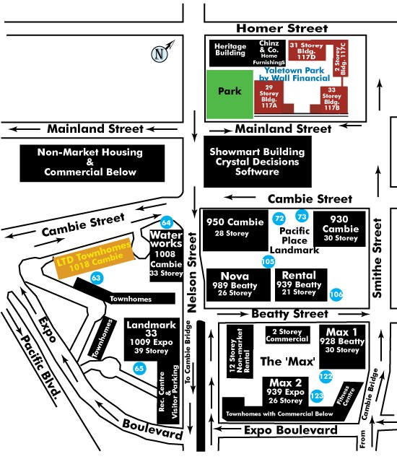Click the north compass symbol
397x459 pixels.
(x=161, y=52)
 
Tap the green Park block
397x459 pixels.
(x=230, y=95)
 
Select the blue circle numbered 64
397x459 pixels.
(x=166, y=223)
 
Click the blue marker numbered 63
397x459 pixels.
(x=96, y=278)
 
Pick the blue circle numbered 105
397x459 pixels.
(x=269, y=261)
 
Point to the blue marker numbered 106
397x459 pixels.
(x=336, y=294)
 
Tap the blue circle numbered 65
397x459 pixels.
(x=139, y=368)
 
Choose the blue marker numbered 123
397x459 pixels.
(x=316, y=396)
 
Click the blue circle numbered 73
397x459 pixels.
(x=302, y=217)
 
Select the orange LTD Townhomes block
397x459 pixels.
(x=93, y=259)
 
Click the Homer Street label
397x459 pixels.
(x=282, y=28)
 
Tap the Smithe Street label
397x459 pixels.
(x=378, y=258)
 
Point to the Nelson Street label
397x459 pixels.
(x=192, y=273)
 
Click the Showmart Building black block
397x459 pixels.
(x=258, y=161)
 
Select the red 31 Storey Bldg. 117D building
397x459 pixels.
(x=307, y=51)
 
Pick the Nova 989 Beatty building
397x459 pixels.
(x=238, y=285)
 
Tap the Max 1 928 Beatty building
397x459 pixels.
(x=342, y=346)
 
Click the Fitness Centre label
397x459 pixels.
(x=347, y=396)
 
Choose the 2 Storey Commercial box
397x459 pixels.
(x=287, y=335)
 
